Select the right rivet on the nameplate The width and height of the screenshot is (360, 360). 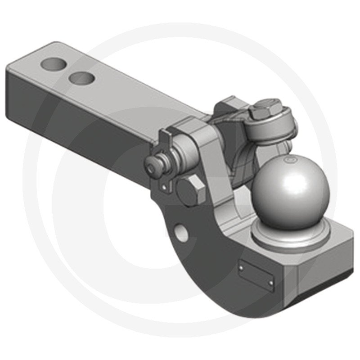(271, 282)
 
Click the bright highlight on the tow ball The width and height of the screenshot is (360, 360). (274, 180)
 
